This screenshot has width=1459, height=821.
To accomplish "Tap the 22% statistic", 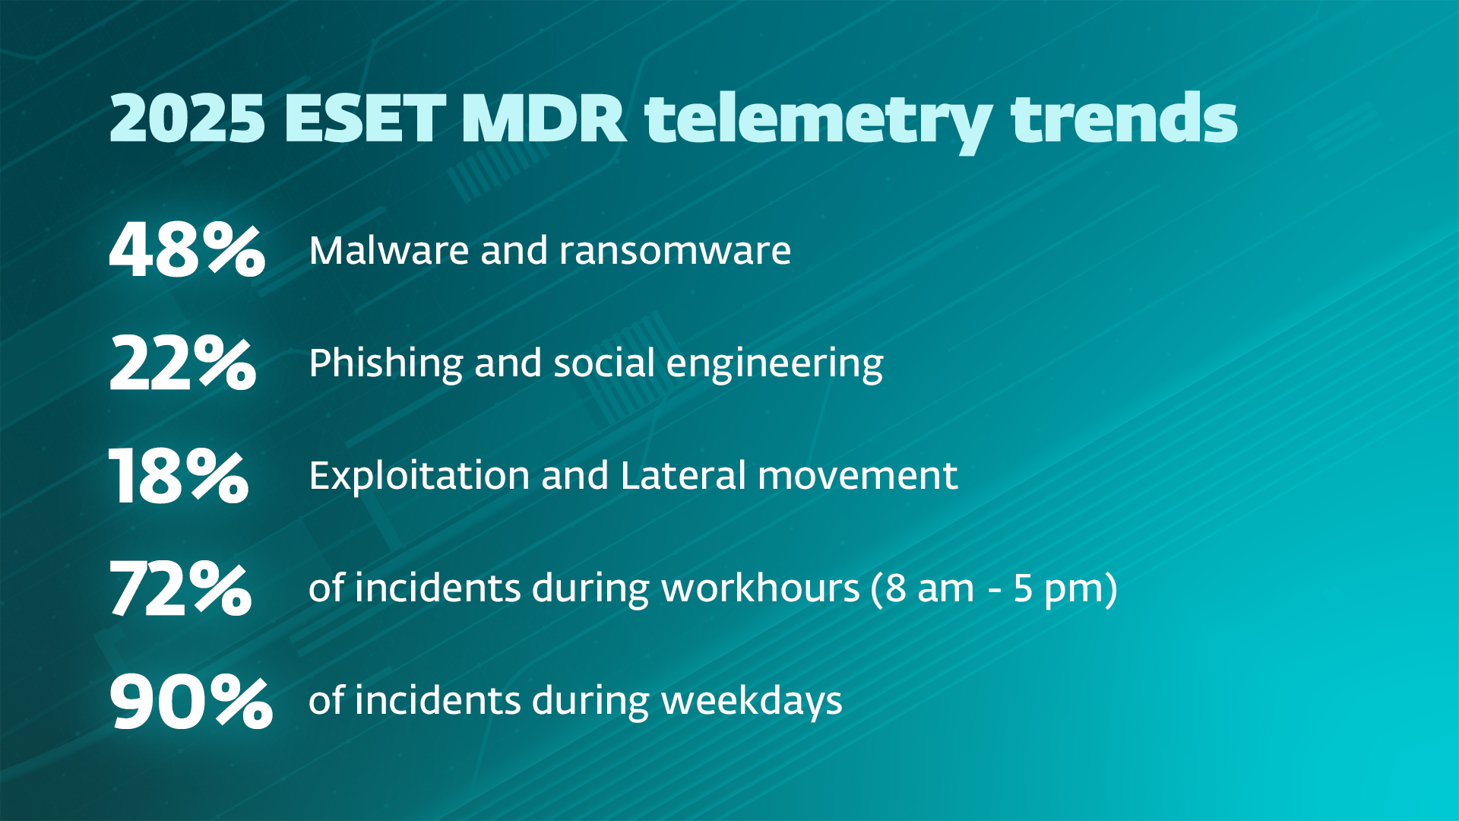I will tap(182, 363).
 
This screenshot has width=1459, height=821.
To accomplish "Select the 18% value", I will tap(179, 476).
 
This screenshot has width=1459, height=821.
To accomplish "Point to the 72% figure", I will tap(180, 588).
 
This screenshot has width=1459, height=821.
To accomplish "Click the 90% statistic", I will tap(191, 701).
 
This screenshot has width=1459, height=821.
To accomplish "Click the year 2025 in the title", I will tap(187, 119).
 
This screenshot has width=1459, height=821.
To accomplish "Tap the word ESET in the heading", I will tap(365, 119).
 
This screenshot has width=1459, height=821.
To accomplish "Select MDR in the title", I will tap(543, 119).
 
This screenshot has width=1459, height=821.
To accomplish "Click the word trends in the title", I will tap(1124, 119).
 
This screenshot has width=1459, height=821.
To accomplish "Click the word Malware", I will tap(389, 251).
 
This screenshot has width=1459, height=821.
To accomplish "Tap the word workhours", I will tap(760, 588).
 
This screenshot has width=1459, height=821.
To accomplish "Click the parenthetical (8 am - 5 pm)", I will tap(994, 589).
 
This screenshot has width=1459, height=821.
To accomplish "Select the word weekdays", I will tap(752, 701).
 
